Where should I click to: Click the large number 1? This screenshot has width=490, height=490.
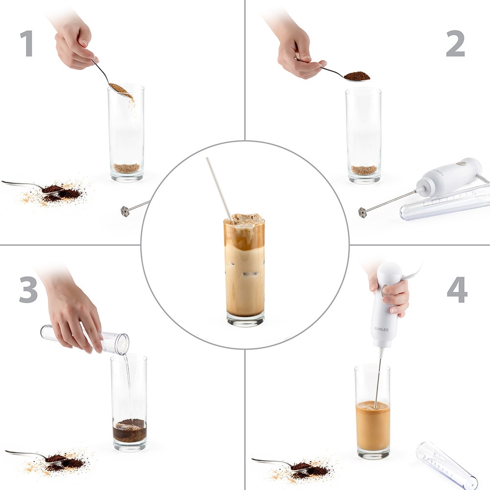pyautogui.click(x=27, y=44)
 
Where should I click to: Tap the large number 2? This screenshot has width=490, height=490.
pyautogui.click(x=455, y=44)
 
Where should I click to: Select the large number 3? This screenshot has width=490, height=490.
pyautogui.click(x=28, y=290)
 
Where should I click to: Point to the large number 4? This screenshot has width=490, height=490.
pyautogui.click(x=457, y=290)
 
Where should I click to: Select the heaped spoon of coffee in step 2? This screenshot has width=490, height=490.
pyautogui.click(x=357, y=76)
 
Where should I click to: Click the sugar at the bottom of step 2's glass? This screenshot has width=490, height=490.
pyautogui.click(x=364, y=170)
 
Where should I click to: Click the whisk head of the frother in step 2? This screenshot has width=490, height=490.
pyautogui.click(x=362, y=212)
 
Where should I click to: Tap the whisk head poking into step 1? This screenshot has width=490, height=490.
pyautogui.click(x=125, y=211)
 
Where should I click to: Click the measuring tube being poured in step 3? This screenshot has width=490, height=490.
pyautogui.click(x=85, y=340)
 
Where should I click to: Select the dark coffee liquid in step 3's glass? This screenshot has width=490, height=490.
pyautogui.click(x=130, y=431)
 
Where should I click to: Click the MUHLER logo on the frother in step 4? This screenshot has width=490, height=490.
pyautogui.click(x=381, y=329)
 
